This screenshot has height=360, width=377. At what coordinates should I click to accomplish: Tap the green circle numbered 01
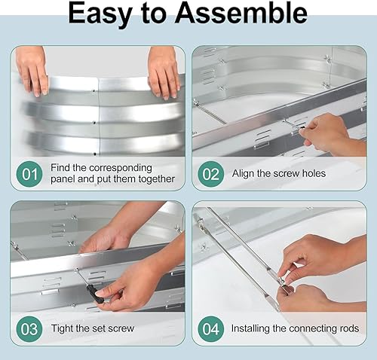29,174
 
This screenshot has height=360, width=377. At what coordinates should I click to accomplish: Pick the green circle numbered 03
29,328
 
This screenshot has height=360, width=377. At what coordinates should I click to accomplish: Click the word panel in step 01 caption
66,179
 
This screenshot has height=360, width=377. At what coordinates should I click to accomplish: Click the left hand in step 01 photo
32,72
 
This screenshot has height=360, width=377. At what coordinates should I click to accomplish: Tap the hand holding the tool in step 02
326,133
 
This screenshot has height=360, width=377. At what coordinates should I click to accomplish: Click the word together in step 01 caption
154,179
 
